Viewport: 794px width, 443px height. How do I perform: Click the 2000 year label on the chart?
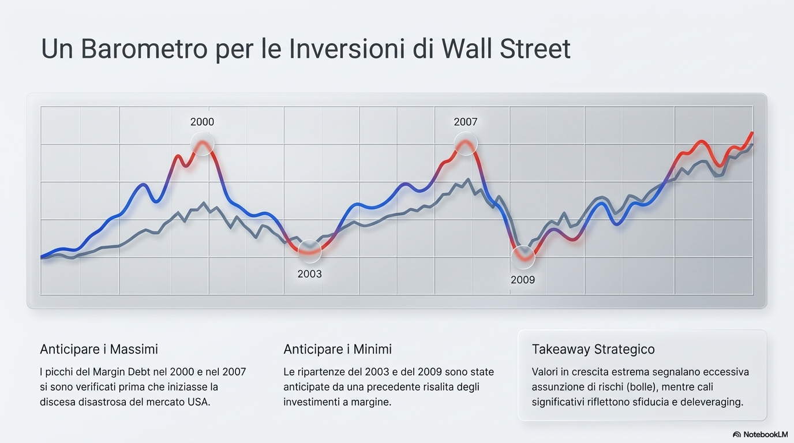click(202, 122)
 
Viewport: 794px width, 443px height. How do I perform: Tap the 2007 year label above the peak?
click(466, 122)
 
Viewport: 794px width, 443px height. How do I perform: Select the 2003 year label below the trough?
click(309, 274)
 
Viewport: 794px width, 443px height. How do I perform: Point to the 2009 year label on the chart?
click(523, 280)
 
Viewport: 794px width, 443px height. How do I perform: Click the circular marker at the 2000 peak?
click(203, 144)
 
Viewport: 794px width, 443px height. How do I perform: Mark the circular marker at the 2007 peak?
click(466, 144)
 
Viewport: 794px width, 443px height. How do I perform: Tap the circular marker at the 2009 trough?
click(523, 257)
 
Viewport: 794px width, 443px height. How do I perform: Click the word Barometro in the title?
click(144, 49)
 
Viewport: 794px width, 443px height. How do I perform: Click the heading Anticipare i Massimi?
click(99, 349)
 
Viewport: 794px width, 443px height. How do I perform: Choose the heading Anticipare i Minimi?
click(338, 349)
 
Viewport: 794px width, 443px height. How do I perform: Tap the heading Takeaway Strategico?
click(593, 349)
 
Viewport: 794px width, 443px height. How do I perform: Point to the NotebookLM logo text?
click(765, 434)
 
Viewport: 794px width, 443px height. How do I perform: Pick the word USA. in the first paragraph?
click(198, 402)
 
